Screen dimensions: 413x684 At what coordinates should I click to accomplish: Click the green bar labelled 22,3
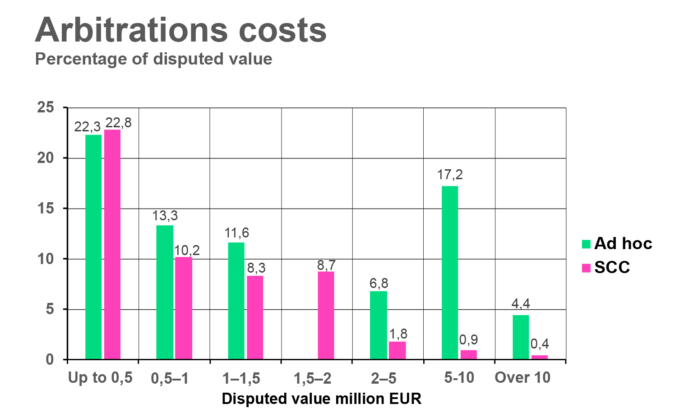click(x=93, y=246)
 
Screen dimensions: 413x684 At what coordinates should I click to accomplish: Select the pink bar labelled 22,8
click(x=112, y=244)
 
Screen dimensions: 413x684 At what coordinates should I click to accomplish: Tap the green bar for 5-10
click(x=450, y=272)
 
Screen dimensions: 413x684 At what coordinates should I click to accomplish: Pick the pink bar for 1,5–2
click(x=326, y=315)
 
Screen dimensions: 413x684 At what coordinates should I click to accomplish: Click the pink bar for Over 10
click(x=540, y=357)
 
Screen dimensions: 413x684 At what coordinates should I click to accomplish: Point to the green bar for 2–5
click(x=378, y=325)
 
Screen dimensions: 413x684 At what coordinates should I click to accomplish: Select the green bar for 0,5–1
click(x=165, y=292)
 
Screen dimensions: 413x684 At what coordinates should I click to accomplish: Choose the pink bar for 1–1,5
click(x=255, y=317)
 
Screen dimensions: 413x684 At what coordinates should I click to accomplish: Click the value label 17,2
click(x=450, y=175)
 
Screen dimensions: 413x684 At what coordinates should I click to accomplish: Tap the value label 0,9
click(x=468, y=340)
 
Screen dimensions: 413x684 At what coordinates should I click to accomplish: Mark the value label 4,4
click(x=521, y=304)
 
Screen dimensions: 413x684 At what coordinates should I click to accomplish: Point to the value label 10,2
click(x=186, y=251)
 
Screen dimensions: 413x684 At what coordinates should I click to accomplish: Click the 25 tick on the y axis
click(x=46, y=107)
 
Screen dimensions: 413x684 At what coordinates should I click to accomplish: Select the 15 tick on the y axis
click(x=46, y=209)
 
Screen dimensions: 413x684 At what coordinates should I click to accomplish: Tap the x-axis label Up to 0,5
click(x=100, y=378)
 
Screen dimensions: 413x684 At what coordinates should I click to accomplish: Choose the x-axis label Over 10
click(x=522, y=378)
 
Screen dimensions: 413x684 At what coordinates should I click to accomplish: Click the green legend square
click(x=586, y=244)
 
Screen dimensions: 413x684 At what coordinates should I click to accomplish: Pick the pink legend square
click(x=586, y=268)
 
